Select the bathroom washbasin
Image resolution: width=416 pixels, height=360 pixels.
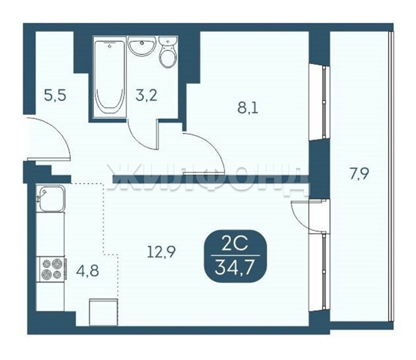(x=141, y=46)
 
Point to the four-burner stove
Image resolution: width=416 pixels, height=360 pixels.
(x=52, y=269)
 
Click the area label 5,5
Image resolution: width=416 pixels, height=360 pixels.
(x=55, y=95)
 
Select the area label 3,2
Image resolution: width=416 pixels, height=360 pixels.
(x=146, y=95)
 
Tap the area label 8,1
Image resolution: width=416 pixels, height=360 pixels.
(x=248, y=108)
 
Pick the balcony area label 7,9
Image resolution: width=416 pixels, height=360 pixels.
(x=359, y=174)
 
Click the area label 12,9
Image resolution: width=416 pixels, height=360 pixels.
(x=161, y=251)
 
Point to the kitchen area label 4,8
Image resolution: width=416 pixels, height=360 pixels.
(x=88, y=271)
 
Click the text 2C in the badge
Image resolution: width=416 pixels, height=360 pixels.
(x=235, y=244)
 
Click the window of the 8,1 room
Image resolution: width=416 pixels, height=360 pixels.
(x=319, y=102)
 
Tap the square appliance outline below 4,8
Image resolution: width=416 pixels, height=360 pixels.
(x=104, y=312)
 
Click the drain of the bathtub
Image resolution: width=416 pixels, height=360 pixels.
(x=110, y=46)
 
